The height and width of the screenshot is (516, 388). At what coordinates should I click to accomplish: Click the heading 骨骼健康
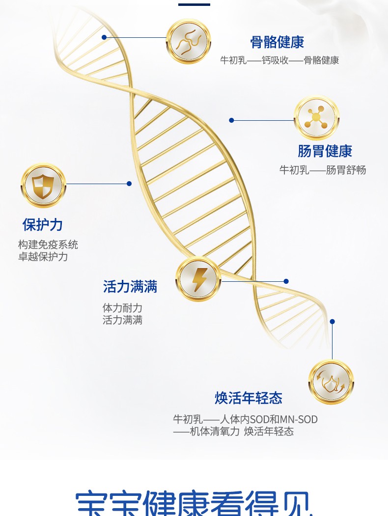(277, 42)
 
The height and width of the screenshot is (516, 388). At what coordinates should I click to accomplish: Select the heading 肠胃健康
(325, 151)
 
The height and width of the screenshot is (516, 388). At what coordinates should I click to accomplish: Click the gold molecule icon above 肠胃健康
(316, 118)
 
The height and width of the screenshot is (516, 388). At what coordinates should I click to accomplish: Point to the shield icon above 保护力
(43, 185)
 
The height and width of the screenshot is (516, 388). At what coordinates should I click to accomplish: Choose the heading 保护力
(43, 225)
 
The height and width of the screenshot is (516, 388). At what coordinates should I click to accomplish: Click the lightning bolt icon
(198, 279)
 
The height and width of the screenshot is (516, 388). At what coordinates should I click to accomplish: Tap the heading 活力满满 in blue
(130, 287)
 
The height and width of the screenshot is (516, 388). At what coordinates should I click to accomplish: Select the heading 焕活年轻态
(249, 398)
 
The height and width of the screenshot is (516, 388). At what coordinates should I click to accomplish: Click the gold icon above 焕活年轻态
(331, 382)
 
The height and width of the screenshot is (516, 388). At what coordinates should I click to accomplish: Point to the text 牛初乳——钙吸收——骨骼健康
(279, 60)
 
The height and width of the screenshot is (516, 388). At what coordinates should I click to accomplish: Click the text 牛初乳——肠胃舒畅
(323, 170)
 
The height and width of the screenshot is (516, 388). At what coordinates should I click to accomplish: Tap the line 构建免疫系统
(48, 244)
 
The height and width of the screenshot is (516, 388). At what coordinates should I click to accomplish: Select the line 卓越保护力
(43, 256)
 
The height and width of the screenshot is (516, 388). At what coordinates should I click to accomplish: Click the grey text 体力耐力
(122, 308)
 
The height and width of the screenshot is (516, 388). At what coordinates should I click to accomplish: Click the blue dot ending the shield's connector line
(129, 184)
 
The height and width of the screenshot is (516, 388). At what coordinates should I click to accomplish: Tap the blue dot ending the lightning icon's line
(286, 281)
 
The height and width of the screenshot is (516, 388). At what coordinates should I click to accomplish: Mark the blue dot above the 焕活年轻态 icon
(332, 322)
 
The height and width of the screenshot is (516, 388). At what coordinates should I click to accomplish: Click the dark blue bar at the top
(194, 4)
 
